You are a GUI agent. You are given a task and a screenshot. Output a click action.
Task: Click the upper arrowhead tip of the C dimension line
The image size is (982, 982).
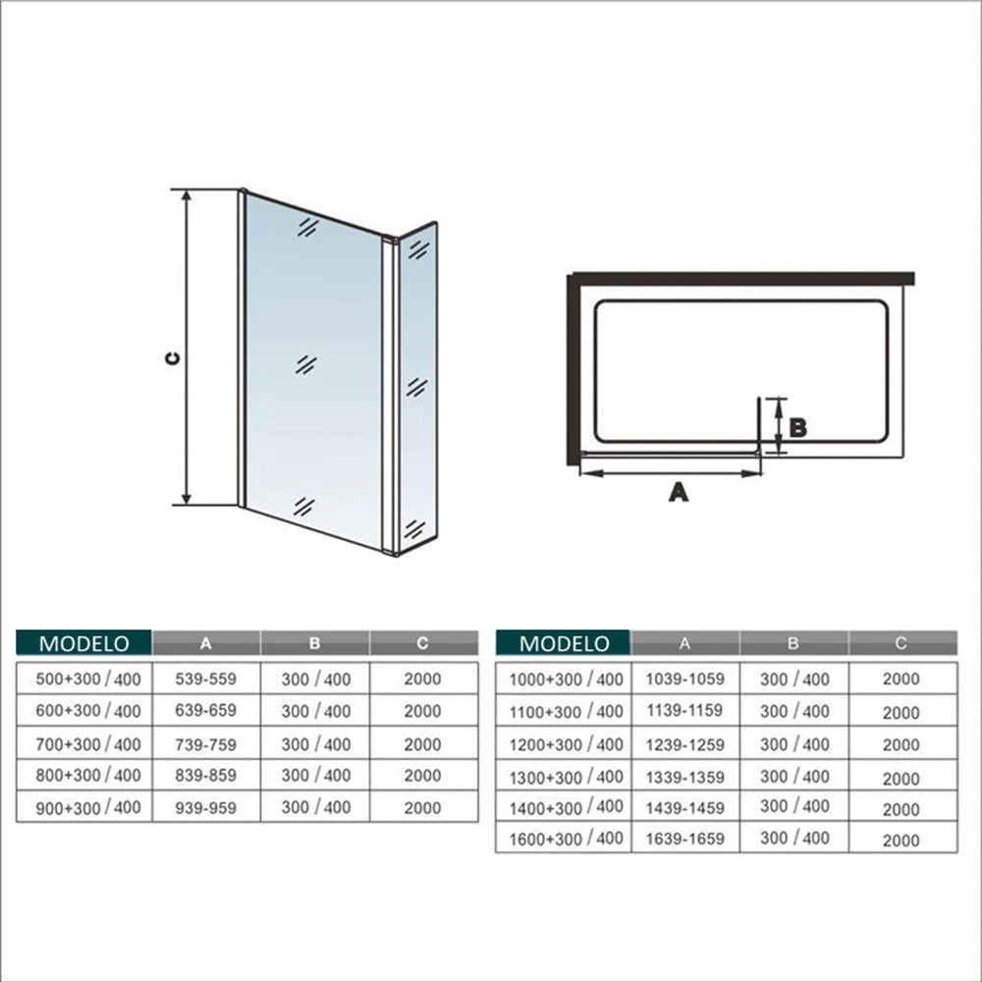coord(186,190)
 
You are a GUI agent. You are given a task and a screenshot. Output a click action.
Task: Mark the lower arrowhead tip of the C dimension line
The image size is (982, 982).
coord(186,505)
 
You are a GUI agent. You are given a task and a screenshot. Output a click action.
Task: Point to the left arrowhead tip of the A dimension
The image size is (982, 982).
coord(580,473)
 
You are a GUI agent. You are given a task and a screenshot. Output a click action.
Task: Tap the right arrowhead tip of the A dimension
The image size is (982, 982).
coord(760,473)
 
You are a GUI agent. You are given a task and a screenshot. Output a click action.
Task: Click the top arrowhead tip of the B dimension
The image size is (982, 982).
coord(779,399)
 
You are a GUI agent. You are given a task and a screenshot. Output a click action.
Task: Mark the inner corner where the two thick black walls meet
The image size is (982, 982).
coord(573,286)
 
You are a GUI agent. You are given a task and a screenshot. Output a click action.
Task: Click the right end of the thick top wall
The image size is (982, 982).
coord(913,279)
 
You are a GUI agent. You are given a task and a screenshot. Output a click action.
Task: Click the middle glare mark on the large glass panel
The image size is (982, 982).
coord(305,364)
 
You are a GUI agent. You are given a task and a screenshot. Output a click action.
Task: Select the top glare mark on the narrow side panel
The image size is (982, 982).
coord(418,249)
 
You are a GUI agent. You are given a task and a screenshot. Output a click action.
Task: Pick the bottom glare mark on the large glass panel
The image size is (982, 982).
coord(303,507)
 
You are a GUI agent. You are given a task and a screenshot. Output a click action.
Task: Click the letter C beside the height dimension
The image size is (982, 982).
coord(172,358)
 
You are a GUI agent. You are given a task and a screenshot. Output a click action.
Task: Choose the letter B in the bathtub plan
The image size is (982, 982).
coord(797,428)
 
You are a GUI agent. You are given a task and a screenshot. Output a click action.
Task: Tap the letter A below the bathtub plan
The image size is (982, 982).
coord(679,492)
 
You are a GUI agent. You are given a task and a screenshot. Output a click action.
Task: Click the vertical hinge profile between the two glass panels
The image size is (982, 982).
coord(390,396)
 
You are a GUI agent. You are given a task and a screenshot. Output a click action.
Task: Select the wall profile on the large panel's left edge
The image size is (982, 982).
coord(242,348)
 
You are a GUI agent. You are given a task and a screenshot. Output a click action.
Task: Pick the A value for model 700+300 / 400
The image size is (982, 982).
coord(205,744)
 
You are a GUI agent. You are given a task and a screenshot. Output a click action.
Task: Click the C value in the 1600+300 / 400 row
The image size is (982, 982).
coord(901,841)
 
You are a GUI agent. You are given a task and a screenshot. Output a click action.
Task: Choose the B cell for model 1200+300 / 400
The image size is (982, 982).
coord(794,744)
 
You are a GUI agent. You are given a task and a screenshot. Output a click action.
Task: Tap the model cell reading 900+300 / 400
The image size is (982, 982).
coord(88,808)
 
